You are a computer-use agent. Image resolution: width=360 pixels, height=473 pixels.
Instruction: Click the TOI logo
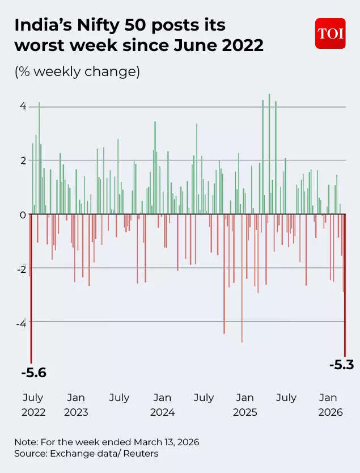330,33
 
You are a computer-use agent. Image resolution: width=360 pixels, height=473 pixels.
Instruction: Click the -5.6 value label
33,373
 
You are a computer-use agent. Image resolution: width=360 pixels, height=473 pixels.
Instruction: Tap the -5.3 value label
341,365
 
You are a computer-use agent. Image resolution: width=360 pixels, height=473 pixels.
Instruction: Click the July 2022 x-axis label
33,405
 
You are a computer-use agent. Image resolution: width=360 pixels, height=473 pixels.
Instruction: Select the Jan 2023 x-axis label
75,405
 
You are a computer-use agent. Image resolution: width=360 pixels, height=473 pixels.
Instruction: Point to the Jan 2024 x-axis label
162,405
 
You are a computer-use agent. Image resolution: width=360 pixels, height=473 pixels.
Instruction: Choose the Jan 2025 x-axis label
245,405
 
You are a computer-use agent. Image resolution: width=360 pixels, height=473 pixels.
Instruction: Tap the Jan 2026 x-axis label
328,405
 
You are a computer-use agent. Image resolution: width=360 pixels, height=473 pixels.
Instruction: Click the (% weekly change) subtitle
77,73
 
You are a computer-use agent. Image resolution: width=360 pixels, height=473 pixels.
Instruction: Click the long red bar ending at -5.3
345,284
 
